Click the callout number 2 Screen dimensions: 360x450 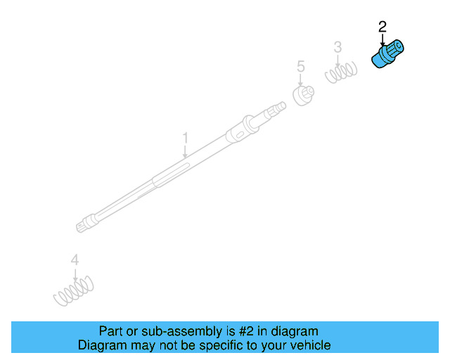pyautogui.click(x=382, y=27)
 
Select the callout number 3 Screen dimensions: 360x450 pyautogui.click(x=337, y=47)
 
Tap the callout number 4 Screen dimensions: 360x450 pyautogui.click(x=75, y=261)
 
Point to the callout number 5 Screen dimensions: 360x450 pyautogui.click(x=301, y=67)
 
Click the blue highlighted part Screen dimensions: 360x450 pyautogui.click(x=387, y=55)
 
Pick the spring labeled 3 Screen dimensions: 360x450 pyautogui.click(x=340, y=71)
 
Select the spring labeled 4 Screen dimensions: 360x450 pyautogui.click(x=73, y=289)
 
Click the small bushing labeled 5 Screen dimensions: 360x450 pyautogui.click(x=303, y=94)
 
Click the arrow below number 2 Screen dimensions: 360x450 pyautogui.click(x=383, y=41)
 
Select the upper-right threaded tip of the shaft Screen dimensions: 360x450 pyautogui.click(x=279, y=108)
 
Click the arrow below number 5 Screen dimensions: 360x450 pyautogui.click(x=301, y=79)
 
